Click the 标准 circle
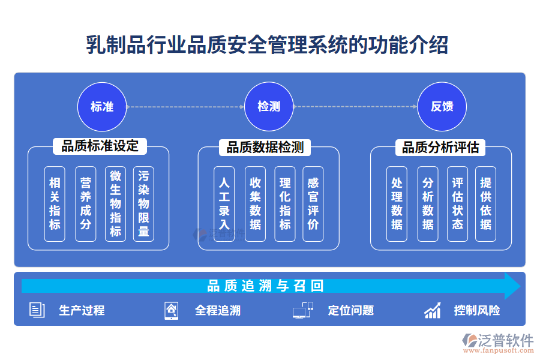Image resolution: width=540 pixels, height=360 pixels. click(x=102, y=107)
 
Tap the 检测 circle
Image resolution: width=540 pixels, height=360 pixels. click(x=269, y=107)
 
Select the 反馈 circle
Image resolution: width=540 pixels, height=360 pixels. click(x=442, y=107)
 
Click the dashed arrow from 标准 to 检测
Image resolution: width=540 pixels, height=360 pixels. click(x=185, y=107)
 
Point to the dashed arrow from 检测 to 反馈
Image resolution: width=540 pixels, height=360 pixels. click(x=355, y=107)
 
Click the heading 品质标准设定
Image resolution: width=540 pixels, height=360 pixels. click(x=100, y=146)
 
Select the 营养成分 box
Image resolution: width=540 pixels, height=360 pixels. click(x=85, y=203)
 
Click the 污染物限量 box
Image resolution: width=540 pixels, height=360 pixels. click(x=143, y=203)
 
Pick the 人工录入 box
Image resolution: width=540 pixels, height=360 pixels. click(x=224, y=203)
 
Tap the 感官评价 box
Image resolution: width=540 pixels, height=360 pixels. click(x=313, y=203)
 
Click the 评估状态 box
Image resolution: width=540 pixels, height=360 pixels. click(x=457, y=203)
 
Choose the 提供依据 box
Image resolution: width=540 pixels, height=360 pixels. click(x=485, y=203)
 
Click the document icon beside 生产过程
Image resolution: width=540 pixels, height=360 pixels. click(x=37, y=310)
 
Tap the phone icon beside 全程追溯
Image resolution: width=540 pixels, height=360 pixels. click(x=171, y=310)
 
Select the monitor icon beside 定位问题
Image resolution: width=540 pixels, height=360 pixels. click(x=302, y=310)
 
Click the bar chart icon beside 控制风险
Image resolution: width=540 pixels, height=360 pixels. click(x=433, y=310)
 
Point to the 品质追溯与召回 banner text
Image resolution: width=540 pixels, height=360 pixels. click(x=266, y=286)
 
